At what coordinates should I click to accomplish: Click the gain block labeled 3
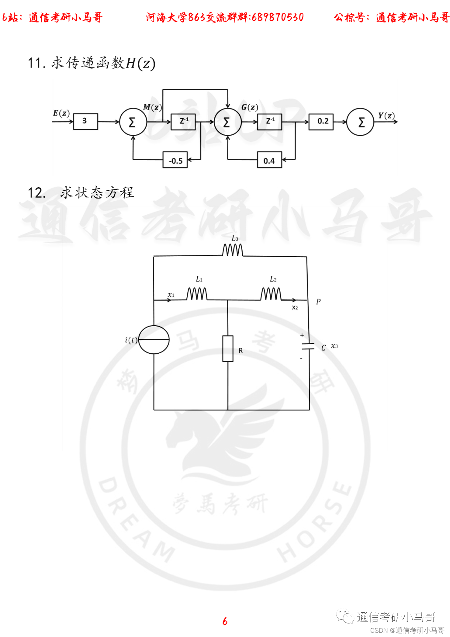pos(85,121)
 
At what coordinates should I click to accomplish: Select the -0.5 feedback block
pos(175,160)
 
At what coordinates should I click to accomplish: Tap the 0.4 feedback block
pos(269,160)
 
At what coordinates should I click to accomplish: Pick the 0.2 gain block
pos(321,121)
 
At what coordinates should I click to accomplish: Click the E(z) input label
pos(61,113)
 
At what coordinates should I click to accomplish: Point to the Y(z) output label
pos(386,115)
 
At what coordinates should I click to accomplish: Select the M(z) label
pos(152,107)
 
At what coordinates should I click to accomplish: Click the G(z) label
pos(250,107)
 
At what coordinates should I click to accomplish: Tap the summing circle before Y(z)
pos(360,122)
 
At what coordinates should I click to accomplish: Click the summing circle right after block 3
pos(133,122)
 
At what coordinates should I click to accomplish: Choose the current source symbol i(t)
pos(154,340)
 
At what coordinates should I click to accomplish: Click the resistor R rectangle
pos(228,348)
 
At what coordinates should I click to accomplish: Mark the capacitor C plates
pos(308,346)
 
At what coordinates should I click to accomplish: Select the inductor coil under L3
pos(232,250)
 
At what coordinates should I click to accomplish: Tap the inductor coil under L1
pos(197,294)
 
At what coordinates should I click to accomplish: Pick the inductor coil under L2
pos(271,294)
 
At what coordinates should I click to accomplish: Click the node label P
pos(318,302)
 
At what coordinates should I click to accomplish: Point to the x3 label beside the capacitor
pos(334,346)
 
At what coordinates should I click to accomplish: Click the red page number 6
pos(225,621)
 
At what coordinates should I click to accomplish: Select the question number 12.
pos(37,193)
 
